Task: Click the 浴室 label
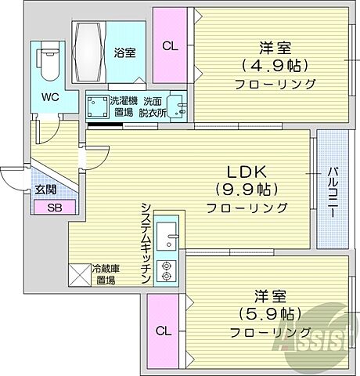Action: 124,52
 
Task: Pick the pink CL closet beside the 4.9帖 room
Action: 170,45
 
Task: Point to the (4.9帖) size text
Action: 268,64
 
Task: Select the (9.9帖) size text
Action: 247,189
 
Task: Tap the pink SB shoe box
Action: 54,208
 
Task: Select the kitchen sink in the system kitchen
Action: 167,233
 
